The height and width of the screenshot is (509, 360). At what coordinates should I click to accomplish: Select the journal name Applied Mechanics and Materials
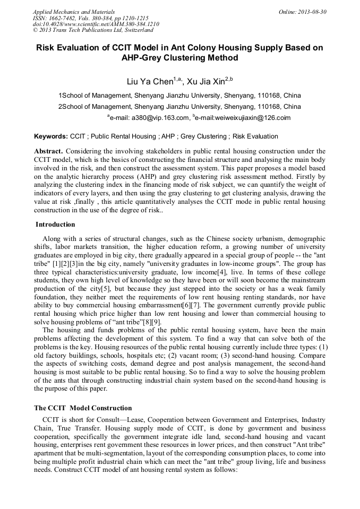pos(74,12)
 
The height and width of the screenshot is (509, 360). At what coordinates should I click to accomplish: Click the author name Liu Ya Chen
pos(149,82)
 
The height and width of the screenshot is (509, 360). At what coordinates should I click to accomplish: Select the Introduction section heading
pos(55,225)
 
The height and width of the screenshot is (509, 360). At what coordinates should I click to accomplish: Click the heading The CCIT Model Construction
pos(83,408)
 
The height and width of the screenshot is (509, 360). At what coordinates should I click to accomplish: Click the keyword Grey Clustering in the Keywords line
pos(204,136)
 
